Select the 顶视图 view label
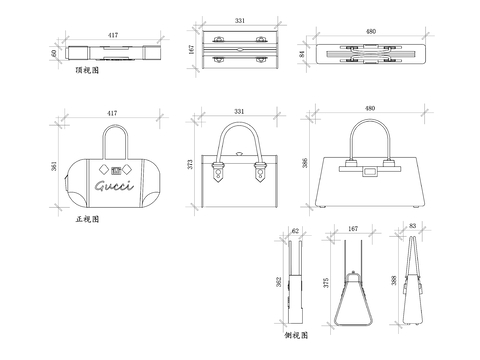coord(88,72)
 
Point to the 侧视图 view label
coord(295,337)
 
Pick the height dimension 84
coord(302,53)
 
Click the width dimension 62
coord(295,229)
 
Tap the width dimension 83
coord(412,227)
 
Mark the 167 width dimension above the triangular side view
coord(352,229)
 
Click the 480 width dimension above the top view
coord(371,31)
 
